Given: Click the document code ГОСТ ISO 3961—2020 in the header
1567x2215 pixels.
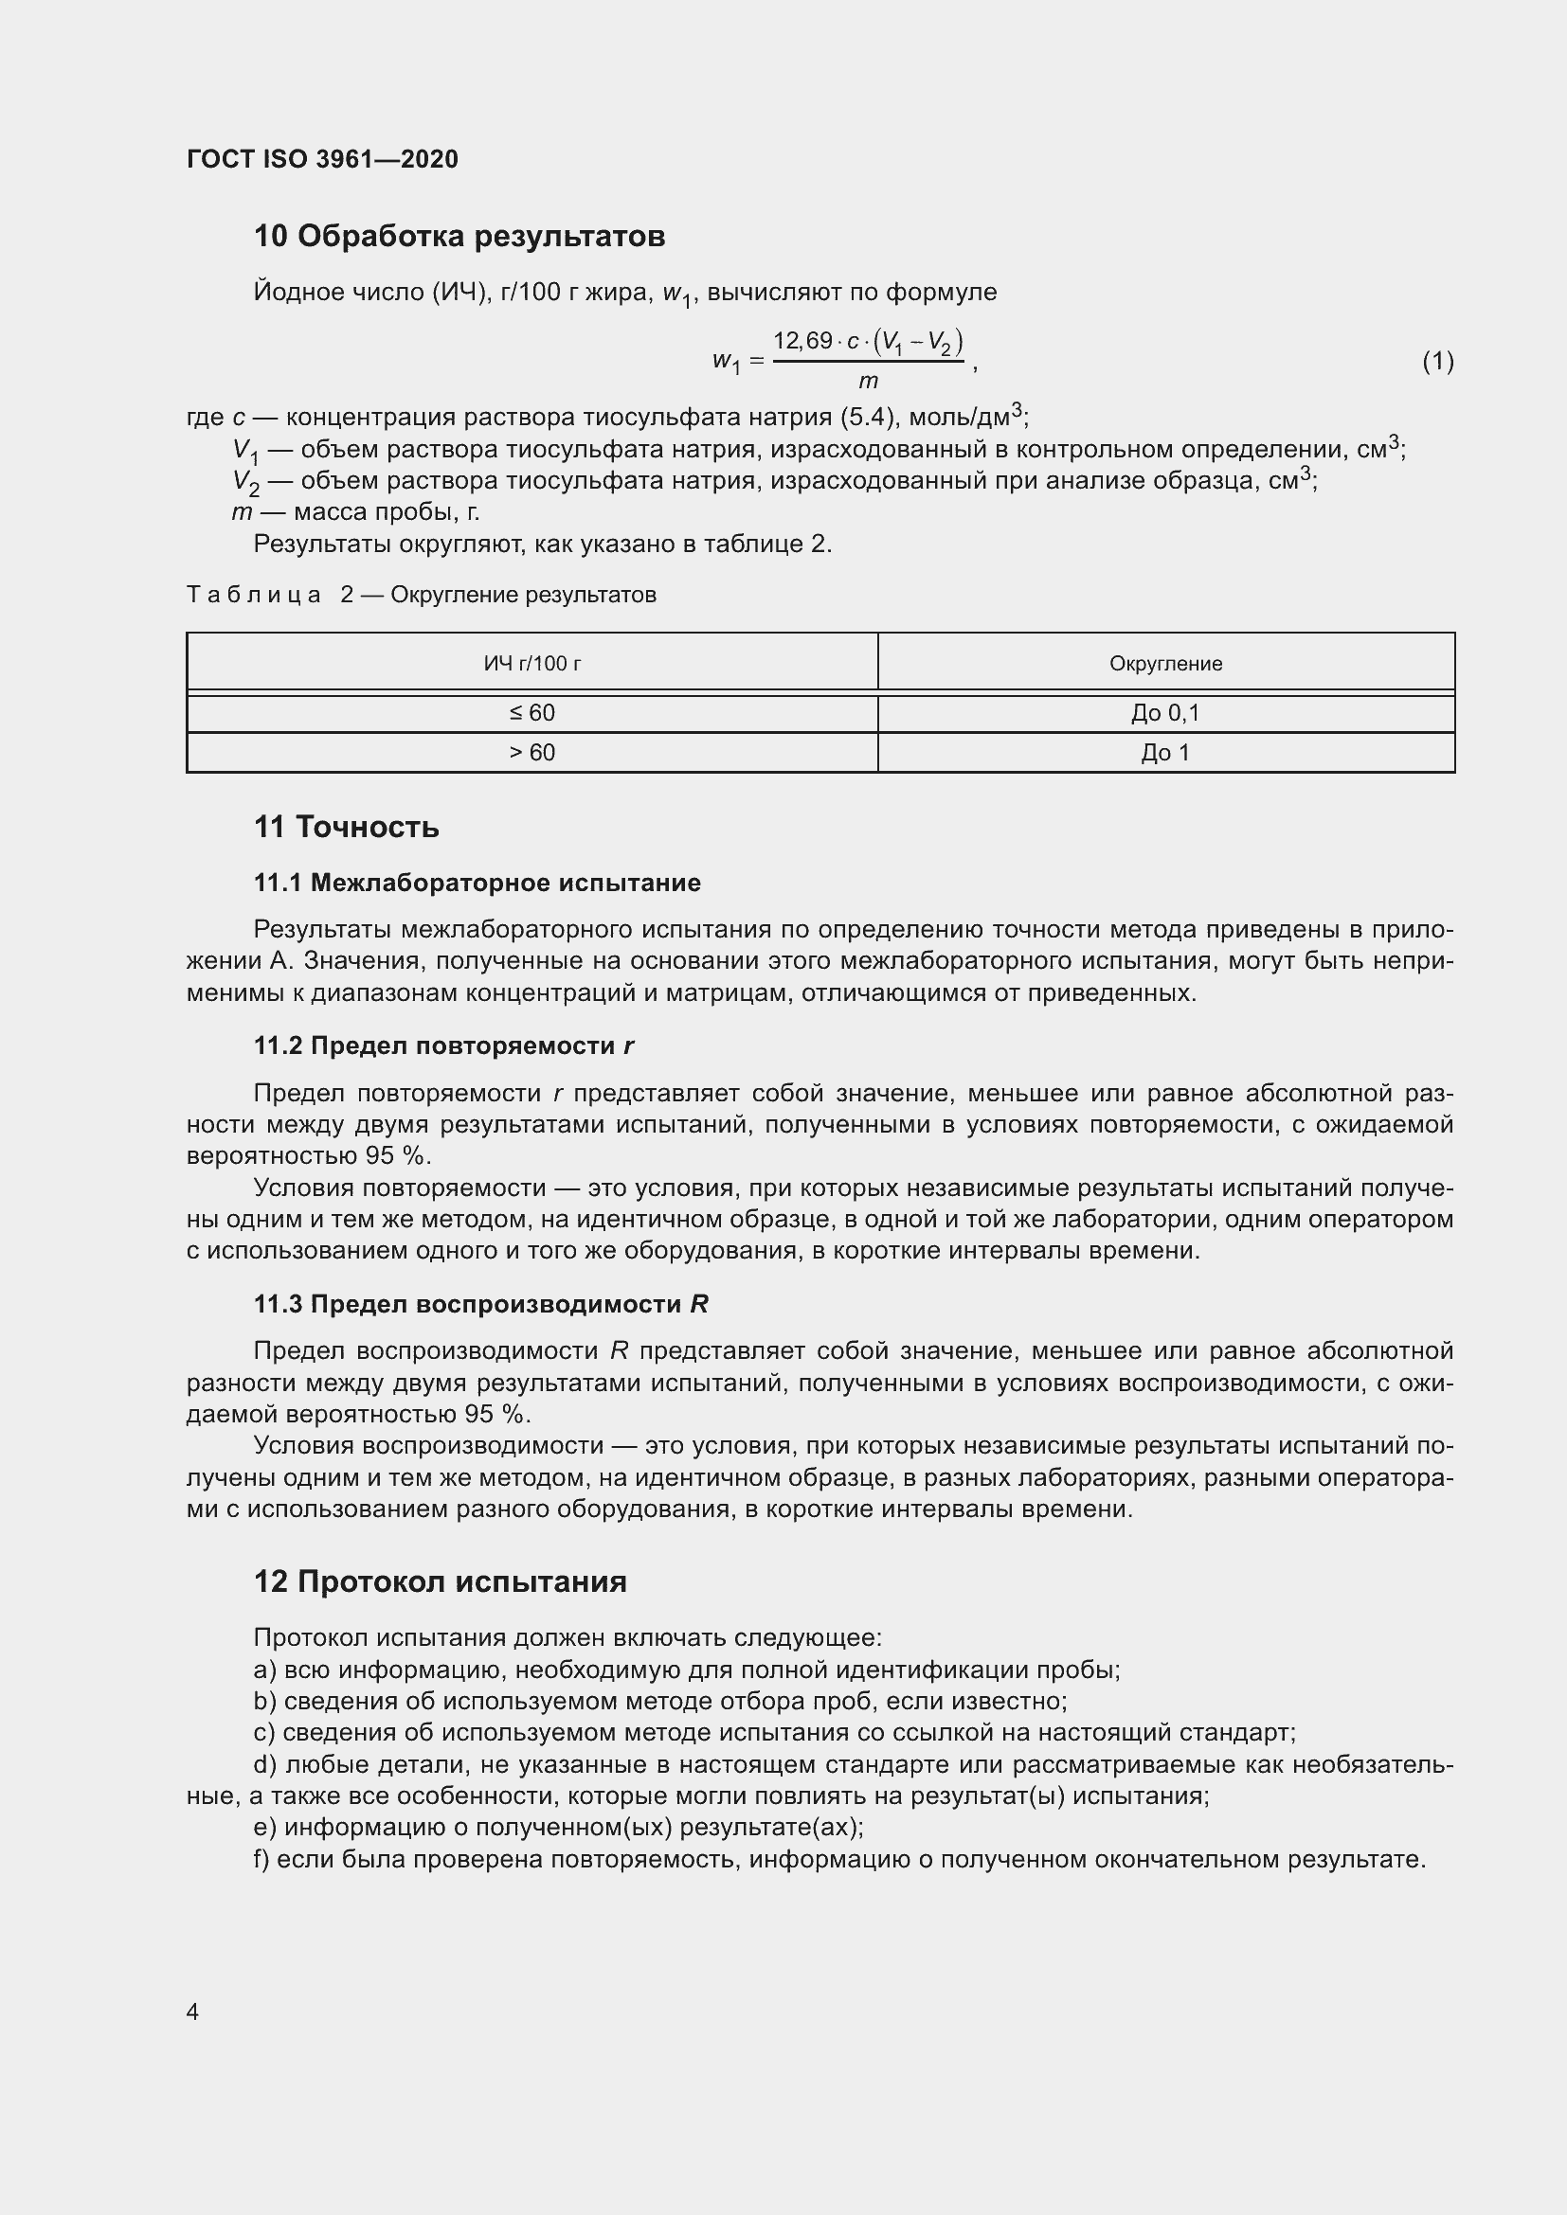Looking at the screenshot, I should [322, 159].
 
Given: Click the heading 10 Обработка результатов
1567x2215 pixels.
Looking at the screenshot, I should [459, 236].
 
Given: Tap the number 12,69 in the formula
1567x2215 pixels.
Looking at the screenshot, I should [802, 341].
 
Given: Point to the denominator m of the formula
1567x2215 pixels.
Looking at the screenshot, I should [868, 381].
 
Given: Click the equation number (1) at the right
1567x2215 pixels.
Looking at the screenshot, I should [1437, 361].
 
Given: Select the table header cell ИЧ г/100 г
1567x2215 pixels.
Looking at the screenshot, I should [531, 663].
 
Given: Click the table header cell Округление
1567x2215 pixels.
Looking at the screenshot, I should [1164, 663].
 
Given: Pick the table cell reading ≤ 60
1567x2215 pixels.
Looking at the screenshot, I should [531, 713].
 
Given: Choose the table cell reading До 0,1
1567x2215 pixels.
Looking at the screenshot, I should [1164, 713].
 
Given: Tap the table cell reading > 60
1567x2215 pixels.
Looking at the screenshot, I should [531, 753].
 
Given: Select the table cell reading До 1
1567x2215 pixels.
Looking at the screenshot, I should [1164, 753].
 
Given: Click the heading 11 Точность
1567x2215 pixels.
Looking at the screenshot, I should [347, 827].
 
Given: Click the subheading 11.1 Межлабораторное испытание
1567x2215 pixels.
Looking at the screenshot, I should [477, 883].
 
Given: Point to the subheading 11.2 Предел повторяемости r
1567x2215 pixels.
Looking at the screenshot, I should [443, 1045].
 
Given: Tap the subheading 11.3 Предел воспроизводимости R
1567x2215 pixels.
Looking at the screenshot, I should [480, 1304].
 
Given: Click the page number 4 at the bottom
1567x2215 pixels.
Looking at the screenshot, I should [192, 2011].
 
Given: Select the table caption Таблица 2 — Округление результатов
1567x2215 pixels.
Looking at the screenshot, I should [421, 595].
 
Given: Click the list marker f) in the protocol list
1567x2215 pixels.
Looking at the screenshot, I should [261, 1859].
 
